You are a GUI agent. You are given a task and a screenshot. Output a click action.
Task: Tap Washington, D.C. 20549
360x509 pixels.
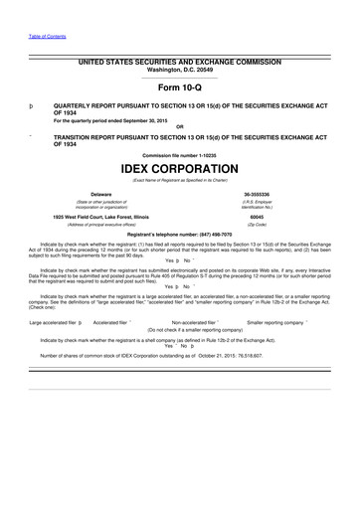179,69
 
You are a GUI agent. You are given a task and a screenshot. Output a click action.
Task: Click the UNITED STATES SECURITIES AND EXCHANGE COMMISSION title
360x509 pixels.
179,62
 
